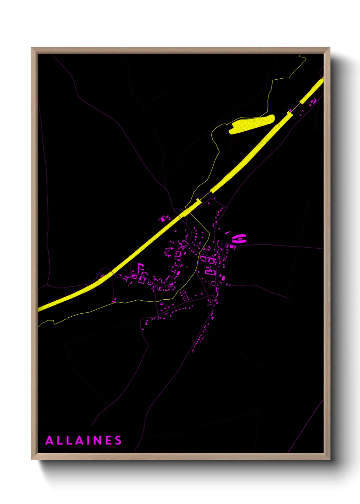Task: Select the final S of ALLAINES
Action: [118, 440]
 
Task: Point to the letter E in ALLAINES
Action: [109, 440]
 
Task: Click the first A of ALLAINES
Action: [49, 440]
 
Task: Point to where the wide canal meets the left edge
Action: [38, 309]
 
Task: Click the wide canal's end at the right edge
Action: [322, 80]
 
